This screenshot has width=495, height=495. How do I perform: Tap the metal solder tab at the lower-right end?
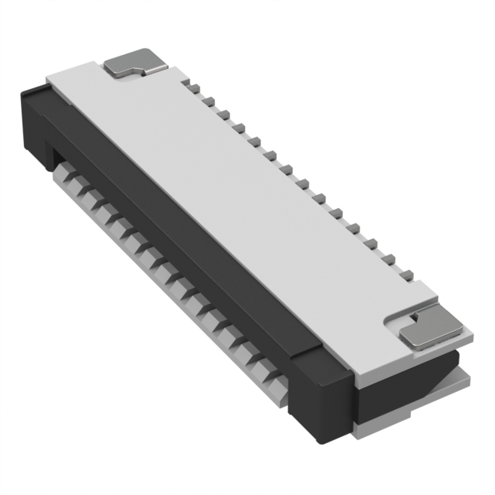coord(425,328)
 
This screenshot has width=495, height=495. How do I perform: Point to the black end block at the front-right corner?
coord(317,394)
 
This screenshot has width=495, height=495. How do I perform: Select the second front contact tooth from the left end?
coord(83,192)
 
